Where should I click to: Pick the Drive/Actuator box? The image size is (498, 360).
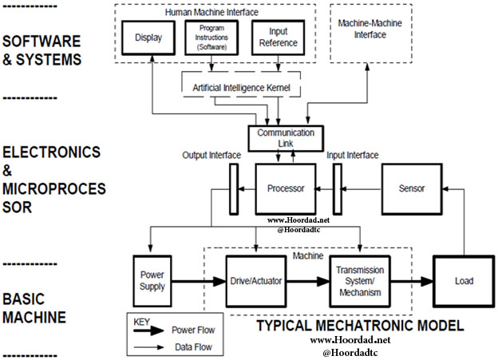click(255, 282)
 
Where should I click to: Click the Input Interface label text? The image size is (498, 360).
click(352, 155)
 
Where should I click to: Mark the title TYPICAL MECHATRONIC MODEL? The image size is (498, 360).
click(360, 326)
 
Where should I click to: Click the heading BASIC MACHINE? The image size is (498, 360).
click(34, 308)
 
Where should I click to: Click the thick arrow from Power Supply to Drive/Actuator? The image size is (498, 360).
click(199, 282)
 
